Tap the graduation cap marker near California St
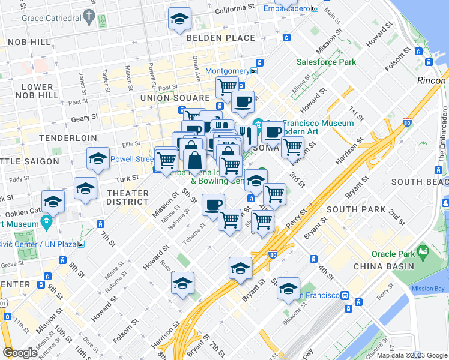(178, 19)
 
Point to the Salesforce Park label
(326, 62)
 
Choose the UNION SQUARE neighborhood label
(174, 97)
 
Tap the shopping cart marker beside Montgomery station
(226, 86)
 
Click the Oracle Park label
(392, 254)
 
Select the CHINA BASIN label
(384, 266)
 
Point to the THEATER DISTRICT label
(127, 197)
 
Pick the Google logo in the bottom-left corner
(20, 352)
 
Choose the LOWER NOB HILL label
(37, 91)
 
